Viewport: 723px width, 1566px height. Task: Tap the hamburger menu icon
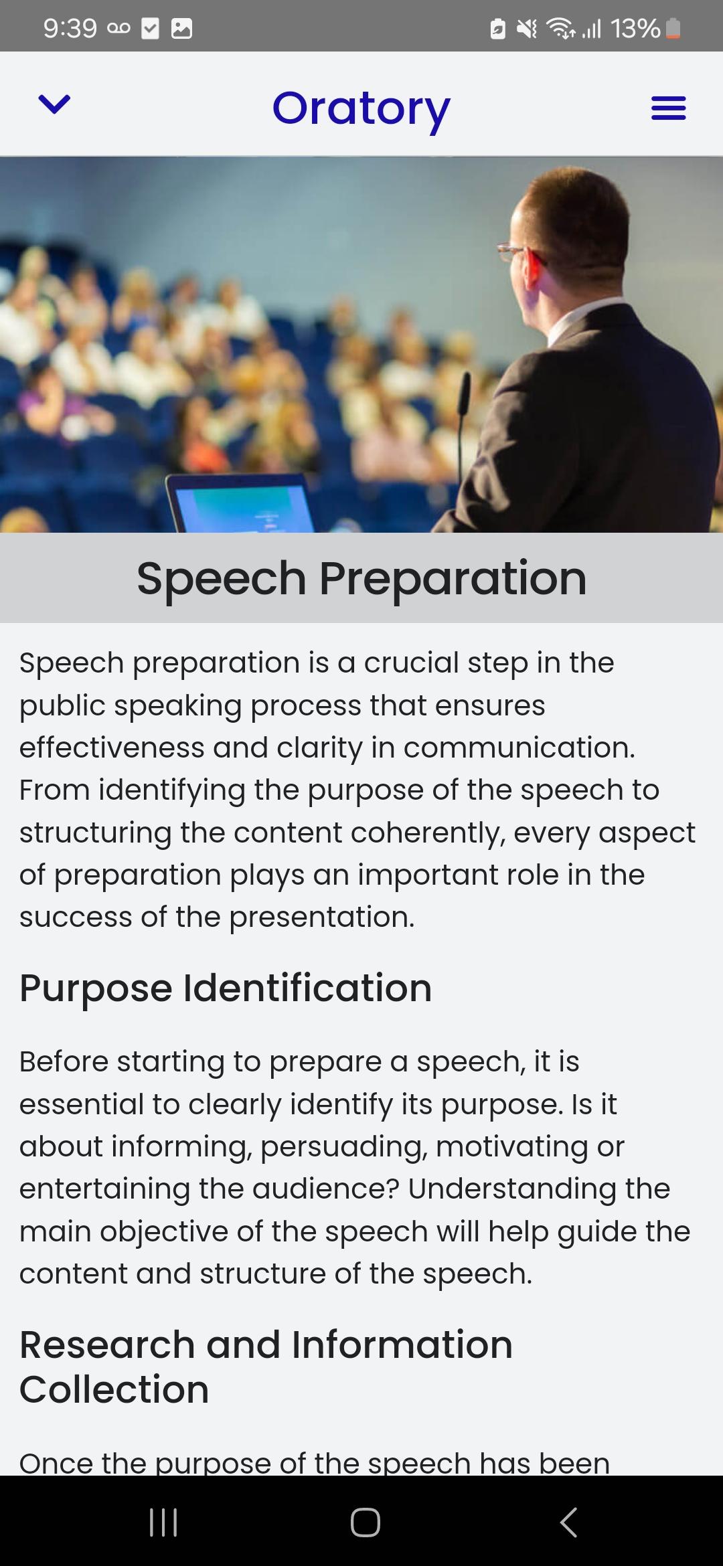point(668,108)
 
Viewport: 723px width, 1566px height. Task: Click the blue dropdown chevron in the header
point(54,104)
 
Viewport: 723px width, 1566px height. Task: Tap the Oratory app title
point(361,108)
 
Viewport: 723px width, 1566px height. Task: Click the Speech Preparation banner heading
point(361,578)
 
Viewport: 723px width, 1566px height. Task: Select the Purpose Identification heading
point(226,988)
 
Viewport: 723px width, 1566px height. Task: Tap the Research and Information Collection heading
point(266,1367)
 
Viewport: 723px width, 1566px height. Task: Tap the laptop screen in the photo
point(241,505)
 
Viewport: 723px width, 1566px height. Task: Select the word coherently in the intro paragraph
point(427,833)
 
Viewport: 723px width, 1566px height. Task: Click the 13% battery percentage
point(635,28)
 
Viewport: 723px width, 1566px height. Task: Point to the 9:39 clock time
point(70,28)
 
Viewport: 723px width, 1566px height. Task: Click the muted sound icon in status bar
point(527,28)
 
